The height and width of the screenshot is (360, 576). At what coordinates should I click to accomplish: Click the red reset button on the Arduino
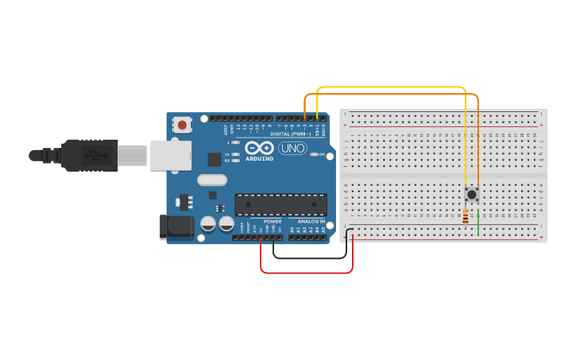click(183, 125)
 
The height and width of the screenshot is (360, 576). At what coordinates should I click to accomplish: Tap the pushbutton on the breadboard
click(472, 193)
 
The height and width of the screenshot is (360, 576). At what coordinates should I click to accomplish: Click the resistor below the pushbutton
click(466, 215)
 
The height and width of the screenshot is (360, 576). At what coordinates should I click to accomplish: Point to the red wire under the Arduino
click(306, 273)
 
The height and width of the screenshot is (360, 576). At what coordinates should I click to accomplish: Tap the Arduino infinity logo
click(258, 148)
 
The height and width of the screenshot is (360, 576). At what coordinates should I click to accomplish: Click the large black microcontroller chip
click(280, 204)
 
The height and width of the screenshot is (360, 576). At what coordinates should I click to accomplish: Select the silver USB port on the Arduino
click(170, 155)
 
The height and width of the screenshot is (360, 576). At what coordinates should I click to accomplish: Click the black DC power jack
click(176, 227)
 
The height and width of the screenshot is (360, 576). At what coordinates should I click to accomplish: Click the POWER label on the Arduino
click(273, 222)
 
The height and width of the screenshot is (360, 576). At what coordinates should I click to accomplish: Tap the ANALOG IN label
click(311, 222)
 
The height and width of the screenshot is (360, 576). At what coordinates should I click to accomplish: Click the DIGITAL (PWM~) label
click(290, 134)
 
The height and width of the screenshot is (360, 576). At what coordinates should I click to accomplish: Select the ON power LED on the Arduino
click(314, 154)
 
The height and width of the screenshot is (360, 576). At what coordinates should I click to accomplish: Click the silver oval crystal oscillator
click(213, 180)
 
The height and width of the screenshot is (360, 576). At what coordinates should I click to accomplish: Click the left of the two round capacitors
click(208, 224)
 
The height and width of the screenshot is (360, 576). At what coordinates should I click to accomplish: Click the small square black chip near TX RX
click(215, 159)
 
